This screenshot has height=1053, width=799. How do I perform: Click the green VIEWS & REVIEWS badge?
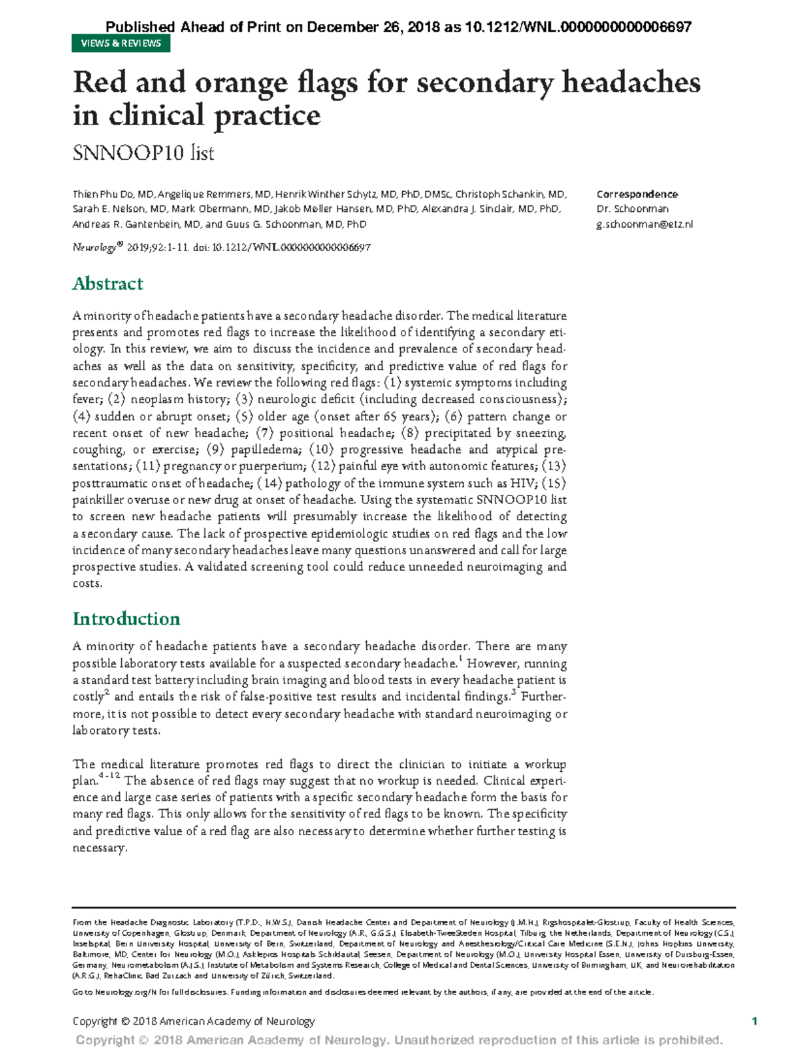(121, 43)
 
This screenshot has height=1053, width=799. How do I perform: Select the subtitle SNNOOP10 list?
(143, 153)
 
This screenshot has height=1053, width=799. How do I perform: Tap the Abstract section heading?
(108, 284)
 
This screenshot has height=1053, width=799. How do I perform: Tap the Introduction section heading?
(126, 619)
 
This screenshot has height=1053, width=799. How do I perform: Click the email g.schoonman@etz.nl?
(645, 224)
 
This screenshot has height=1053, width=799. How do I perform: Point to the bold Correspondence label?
(637, 194)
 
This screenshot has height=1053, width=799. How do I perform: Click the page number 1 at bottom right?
(754, 1021)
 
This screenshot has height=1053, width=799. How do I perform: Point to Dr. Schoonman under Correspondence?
(633, 209)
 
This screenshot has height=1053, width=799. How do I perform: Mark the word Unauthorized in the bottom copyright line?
(433, 1040)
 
